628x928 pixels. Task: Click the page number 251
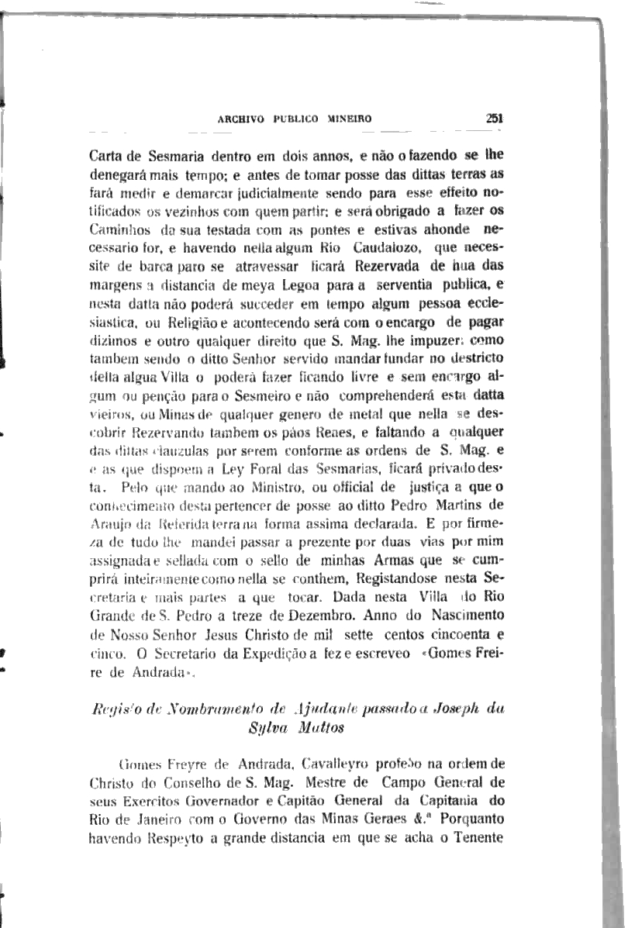coord(495,119)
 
